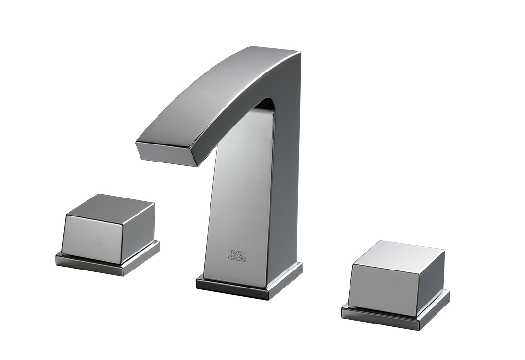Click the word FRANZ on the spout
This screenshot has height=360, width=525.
237,252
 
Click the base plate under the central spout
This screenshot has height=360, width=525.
249,282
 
